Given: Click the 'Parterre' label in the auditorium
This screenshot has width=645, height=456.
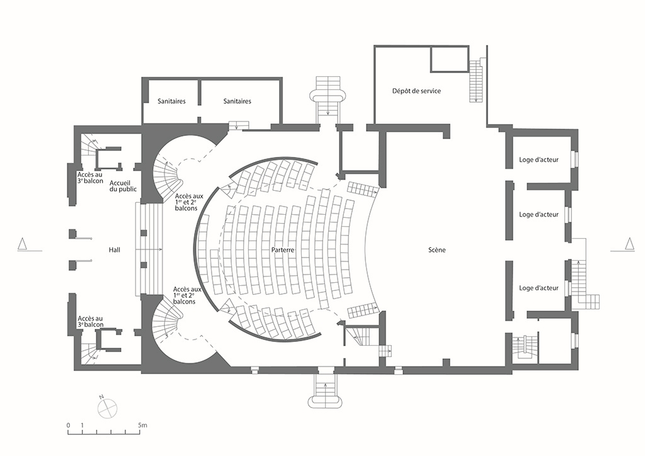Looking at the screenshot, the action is (x=283, y=250).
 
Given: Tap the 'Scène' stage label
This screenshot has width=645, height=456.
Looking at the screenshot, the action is (x=437, y=250).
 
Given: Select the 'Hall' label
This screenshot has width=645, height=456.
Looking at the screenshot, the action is (x=115, y=250).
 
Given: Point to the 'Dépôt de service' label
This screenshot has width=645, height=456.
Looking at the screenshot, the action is (x=416, y=91).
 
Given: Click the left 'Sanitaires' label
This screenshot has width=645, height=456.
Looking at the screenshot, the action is (x=171, y=101).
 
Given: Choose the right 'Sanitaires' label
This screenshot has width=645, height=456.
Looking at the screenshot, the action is (x=237, y=101).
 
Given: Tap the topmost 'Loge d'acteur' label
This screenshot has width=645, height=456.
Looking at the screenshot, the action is (x=539, y=159).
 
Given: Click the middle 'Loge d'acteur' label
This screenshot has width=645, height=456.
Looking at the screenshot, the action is (x=539, y=214).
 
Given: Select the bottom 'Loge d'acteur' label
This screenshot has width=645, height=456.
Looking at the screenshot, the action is (x=539, y=288).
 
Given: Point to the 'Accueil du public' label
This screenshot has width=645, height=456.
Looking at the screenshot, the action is (x=123, y=186).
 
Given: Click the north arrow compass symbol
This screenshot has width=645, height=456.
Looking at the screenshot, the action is (x=107, y=408).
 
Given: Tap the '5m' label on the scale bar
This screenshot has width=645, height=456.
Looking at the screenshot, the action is (x=142, y=425).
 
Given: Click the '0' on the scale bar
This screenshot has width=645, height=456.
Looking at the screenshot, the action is (x=68, y=425).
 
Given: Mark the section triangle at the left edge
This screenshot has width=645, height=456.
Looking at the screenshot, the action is (x=23, y=244).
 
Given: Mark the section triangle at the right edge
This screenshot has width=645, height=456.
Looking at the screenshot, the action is (x=629, y=244).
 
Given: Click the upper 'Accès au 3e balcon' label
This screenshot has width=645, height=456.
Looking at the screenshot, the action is (x=90, y=178).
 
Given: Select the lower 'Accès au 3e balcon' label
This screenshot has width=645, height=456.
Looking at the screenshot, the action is (x=91, y=321).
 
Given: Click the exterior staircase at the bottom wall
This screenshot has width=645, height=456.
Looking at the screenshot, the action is (x=326, y=390).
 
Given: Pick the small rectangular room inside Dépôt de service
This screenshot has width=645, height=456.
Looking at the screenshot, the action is (x=449, y=59).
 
